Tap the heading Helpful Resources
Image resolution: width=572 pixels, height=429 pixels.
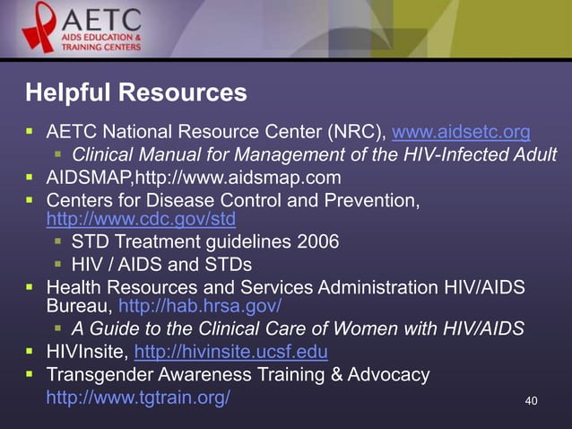point(135,92)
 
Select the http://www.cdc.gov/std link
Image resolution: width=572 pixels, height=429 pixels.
point(141,218)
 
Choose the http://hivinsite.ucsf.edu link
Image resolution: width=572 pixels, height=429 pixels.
point(230,350)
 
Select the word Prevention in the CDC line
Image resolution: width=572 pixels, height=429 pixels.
point(369,198)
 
